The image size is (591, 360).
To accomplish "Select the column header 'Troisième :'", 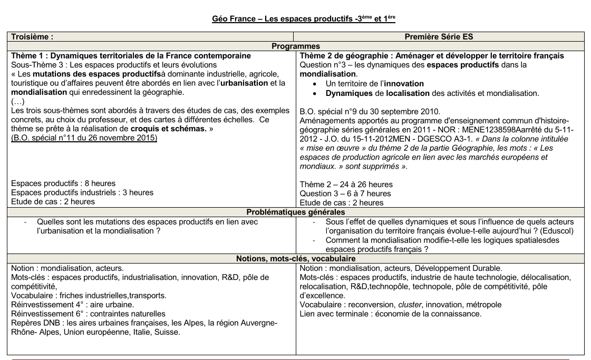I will tap(32, 37).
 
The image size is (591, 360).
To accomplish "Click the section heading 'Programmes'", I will tap(295, 46).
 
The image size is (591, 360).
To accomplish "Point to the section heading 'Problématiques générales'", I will tap(295, 212).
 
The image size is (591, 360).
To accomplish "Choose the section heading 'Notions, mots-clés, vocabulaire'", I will tap(295, 258).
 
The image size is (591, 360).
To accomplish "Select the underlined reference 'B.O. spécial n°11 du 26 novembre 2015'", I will tap(84, 138).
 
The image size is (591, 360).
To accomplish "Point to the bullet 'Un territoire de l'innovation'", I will tap(375, 84).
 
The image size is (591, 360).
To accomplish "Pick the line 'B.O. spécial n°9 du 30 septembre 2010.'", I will tap(369, 111).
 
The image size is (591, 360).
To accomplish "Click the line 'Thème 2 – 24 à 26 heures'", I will tap(346, 184).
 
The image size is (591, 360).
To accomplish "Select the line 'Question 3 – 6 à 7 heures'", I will tap(346, 193).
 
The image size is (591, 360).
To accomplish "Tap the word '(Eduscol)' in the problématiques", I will tap(557, 231).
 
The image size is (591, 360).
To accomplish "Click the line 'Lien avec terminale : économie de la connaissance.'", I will tap(390, 314).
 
